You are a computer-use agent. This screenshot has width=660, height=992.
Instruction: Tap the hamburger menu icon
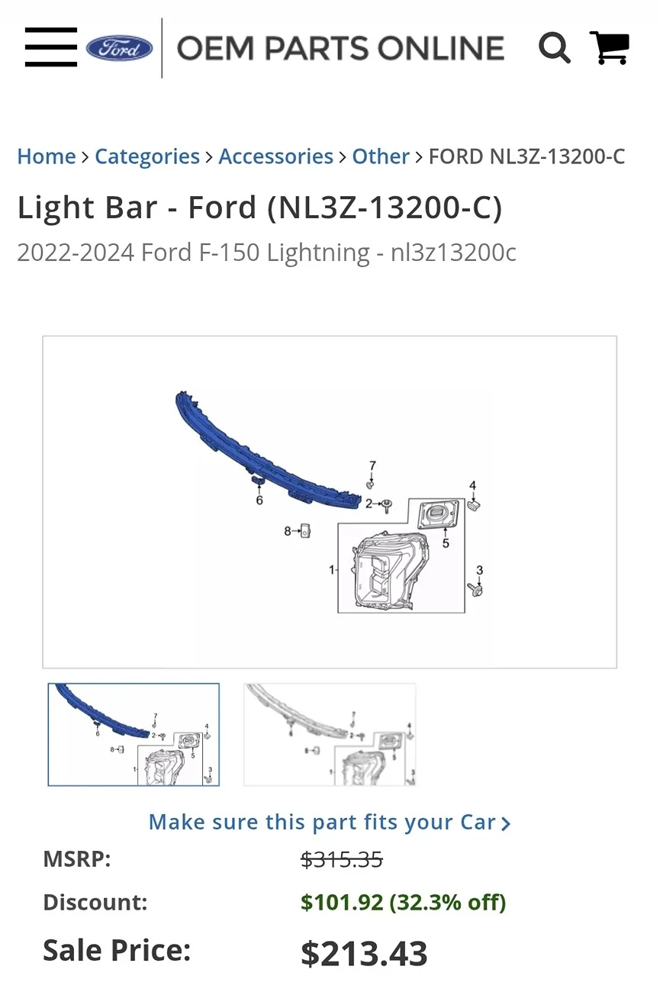pos(51,47)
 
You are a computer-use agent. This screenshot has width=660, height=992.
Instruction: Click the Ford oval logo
pos(119,48)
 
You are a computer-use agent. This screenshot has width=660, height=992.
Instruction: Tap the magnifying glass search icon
pos(554,47)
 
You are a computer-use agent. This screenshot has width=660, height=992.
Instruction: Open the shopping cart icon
pos(610,47)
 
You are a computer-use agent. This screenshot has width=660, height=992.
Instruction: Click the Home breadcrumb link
pos(47,156)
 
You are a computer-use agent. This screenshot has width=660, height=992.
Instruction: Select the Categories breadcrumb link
pos(147,156)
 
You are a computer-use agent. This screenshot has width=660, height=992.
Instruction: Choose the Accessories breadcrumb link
pos(276,156)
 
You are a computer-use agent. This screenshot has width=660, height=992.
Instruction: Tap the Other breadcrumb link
pos(381,156)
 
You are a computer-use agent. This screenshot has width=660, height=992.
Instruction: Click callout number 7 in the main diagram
pos(372,465)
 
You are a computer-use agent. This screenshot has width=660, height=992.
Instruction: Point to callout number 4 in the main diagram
pos(472,486)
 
